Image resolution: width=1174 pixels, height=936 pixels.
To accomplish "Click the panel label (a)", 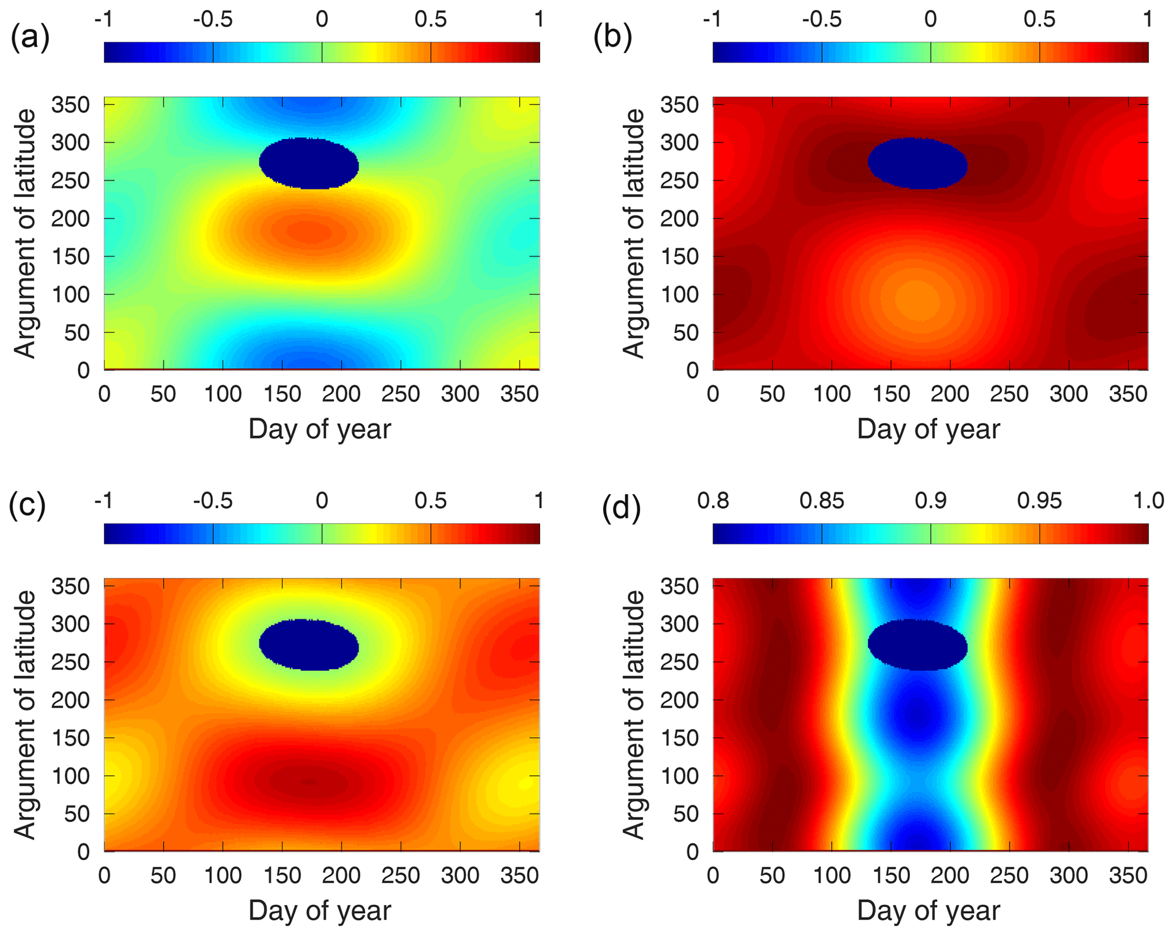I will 30,37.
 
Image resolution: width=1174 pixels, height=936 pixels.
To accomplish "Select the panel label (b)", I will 612,37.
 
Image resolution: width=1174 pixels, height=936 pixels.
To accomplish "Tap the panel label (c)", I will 27,505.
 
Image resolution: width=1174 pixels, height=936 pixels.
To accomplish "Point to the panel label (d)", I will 621,507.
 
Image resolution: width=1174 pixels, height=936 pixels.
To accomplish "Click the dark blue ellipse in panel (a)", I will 309,163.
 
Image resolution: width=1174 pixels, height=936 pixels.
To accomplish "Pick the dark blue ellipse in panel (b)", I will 918,163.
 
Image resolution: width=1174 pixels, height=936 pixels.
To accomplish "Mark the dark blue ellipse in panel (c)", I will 309,645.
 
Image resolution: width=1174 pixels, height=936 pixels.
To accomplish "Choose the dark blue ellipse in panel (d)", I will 918,645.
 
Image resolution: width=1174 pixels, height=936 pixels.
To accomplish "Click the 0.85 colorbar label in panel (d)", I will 822,501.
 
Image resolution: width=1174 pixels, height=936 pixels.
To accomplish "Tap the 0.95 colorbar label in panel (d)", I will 1039,501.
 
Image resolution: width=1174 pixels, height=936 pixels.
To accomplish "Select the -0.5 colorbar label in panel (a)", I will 213,20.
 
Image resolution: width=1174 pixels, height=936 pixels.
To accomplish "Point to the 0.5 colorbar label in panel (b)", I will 1039,20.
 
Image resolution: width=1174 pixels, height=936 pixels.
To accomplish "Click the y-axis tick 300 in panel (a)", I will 70,143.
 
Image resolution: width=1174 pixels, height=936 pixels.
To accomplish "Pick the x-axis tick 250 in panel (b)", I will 1009,394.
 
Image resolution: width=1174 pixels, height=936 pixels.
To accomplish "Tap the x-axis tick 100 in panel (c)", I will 223,876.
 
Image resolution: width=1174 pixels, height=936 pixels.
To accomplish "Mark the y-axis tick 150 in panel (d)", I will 679,738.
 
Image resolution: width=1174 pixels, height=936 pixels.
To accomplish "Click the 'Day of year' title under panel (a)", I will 320,429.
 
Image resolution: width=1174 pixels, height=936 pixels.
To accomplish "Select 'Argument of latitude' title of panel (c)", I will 25,714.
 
